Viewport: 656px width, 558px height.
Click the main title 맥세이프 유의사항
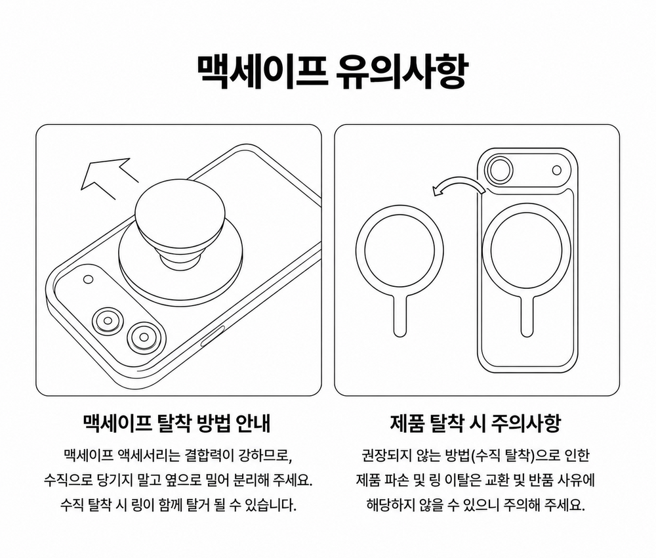point(331,72)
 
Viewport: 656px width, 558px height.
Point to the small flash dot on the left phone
point(89,279)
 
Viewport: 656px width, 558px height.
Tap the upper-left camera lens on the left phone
point(108,321)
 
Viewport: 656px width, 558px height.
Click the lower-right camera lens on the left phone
point(144,337)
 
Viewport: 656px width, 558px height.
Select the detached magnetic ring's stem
point(400,315)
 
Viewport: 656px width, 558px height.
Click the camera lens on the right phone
point(499,171)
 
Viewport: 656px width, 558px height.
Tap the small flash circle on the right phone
point(557,171)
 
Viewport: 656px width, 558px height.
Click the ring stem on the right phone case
point(527,315)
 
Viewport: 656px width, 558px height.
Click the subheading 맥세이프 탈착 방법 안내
point(177,423)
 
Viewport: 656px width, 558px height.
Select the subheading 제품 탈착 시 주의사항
point(475,423)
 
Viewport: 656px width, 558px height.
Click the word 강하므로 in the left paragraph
point(264,455)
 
